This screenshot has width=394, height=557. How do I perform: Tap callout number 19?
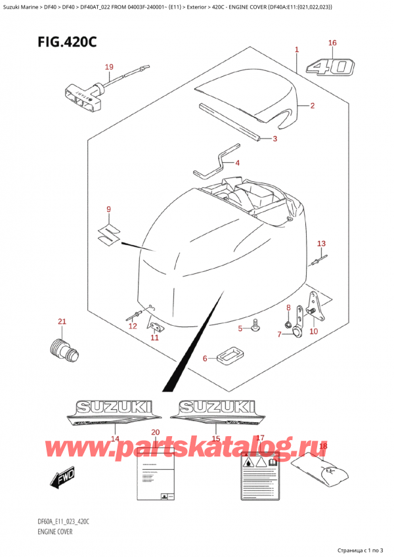(x=109, y=67)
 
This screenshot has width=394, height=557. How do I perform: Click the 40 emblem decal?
(x=334, y=68)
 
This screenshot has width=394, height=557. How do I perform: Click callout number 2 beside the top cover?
(x=313, y=106)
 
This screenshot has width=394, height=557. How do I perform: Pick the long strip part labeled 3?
(x=230, y=122)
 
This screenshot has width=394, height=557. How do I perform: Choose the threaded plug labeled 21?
(x=65, y=345)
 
